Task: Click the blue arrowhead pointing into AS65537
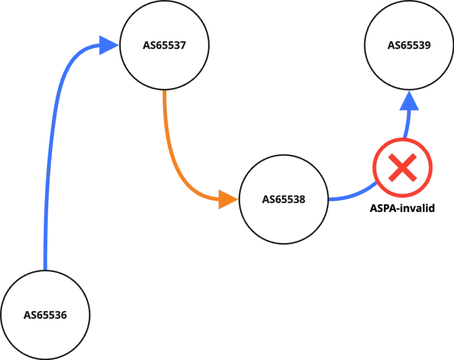[x=109, y=45]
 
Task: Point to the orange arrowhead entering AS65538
[x=228, y=199]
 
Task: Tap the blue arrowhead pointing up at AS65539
[x=409, y=101]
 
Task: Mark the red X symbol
[x=403, y=168]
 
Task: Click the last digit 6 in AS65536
[x=63, y=315]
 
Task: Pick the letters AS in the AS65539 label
[x=393, y=45]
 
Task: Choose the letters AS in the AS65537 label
[x=149, y=45]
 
